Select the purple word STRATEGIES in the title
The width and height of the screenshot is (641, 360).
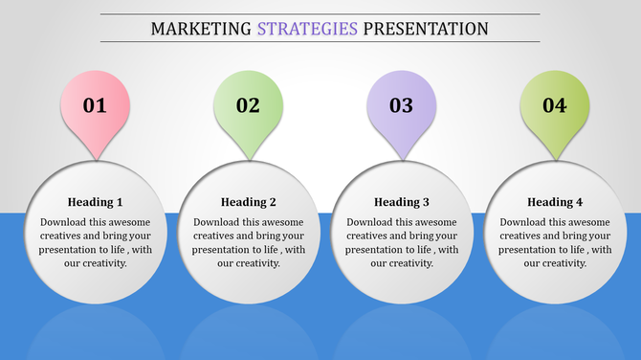click(x=307, y=29)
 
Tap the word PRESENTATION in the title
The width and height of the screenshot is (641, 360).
click(x=426, y=29)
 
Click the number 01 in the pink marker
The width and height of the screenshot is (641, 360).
click(x=95, y=105)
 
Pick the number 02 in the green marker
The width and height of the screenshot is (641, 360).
click(x=248, y=105)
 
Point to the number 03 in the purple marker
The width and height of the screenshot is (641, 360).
click(x=401, y=105)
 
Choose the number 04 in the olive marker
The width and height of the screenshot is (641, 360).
click(x=555, y=105)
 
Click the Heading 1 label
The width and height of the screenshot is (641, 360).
click(x=95, y=202)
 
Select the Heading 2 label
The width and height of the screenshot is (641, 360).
click(x=248, y=202)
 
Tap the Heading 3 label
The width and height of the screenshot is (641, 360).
click(x=401, y=202)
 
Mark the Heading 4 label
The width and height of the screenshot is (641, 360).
click(x=555, y=202)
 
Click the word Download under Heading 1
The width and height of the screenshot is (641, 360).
click(x=65, y=222)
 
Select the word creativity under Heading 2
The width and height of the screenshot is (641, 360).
click(x=256, y=263)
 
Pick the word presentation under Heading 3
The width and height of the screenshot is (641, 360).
click(x=377, y=250)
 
